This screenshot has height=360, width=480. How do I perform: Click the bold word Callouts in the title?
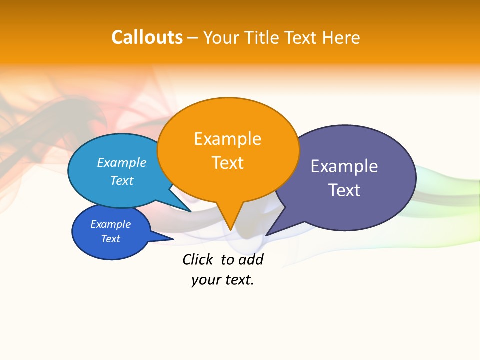(147, 37)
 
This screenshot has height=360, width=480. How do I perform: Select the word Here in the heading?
(341, 38)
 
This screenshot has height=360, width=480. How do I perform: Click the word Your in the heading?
(222, 38)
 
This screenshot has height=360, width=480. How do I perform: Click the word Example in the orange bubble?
(227, 138)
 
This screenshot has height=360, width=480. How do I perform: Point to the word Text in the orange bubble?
(227, 163)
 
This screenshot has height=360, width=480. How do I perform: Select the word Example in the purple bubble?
(344, 166)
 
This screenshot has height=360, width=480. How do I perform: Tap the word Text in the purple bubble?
(344, 190)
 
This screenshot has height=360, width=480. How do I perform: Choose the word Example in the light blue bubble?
(121, 162)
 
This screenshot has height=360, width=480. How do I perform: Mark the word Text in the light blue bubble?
(121, 180)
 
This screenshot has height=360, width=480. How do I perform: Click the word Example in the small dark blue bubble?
(110, 224)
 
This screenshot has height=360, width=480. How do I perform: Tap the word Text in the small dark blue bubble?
(110, 239)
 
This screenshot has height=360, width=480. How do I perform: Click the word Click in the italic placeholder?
(197, 259)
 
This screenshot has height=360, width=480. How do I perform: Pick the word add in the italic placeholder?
(251, 259)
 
